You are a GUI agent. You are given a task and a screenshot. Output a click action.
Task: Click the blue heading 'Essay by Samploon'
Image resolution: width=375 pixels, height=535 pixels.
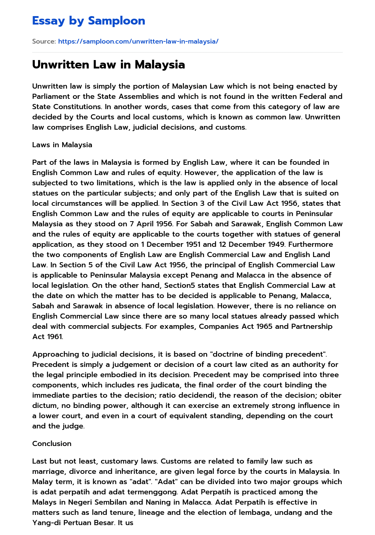89,21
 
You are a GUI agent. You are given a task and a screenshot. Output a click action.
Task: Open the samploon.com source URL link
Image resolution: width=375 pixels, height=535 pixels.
138,41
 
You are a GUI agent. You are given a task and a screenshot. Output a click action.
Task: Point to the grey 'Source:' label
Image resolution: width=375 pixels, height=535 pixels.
44,41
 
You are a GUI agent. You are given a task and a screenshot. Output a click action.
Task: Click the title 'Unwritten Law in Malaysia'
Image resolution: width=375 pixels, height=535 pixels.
108,64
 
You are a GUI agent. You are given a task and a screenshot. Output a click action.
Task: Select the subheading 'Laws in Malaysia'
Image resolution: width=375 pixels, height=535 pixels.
62,145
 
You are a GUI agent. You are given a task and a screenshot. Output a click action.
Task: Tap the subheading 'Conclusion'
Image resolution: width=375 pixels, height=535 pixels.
52,443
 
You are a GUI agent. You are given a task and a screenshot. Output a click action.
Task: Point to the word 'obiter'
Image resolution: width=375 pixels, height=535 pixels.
330,395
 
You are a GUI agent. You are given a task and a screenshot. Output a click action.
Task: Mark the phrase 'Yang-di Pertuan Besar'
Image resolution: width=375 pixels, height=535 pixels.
73,523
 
